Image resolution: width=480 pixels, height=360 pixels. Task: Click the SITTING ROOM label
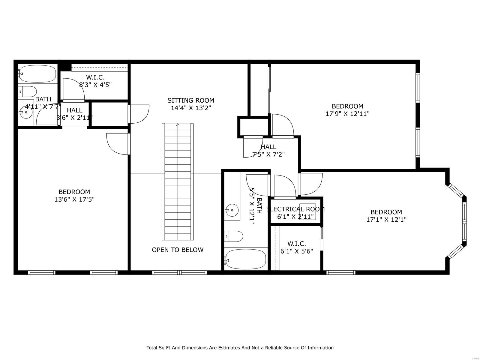pos(191,100)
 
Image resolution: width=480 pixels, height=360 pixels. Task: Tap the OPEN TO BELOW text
pos(178,250)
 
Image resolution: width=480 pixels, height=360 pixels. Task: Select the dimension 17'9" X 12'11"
pos(347,114)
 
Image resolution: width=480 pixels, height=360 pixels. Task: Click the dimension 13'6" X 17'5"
pos(74,199)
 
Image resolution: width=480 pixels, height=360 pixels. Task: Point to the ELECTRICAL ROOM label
pos(295,209)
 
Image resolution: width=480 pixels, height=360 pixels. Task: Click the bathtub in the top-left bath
pos(37,74)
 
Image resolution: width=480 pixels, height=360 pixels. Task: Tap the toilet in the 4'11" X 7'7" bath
pos(28,91)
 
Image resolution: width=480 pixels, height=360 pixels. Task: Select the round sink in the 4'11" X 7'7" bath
pos(26,112)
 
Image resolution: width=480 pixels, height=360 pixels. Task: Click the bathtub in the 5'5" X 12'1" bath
pos(245,259)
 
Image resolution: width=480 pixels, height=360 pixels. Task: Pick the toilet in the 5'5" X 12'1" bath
pos(234,236)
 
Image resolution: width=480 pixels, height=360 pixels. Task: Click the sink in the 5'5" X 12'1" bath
pos(232,210)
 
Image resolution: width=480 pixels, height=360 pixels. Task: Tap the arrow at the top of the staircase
pos(178,125)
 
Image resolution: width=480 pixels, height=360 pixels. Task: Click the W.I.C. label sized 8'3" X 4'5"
pos(95,78)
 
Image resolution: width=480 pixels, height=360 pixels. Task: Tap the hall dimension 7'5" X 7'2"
pos(268,155)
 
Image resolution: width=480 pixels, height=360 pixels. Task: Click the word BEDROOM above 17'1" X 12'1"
pos(386,212)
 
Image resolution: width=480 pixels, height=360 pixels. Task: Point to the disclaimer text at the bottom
pos(240,348)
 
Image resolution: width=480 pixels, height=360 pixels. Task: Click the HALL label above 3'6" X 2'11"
pos(74,110)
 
